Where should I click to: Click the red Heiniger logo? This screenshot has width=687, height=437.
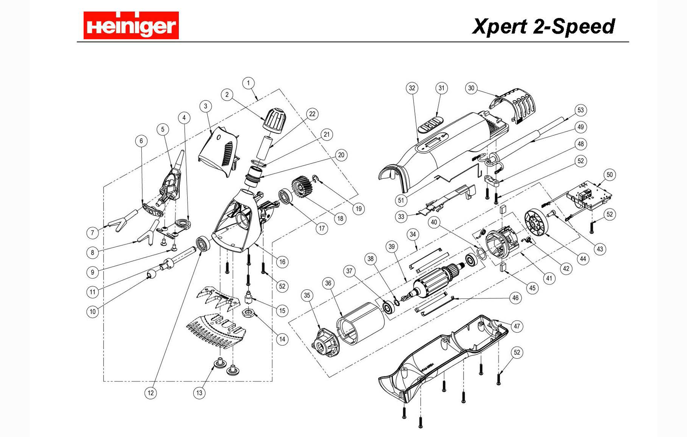(x=131, y=25)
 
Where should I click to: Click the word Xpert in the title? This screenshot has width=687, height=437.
(x=499, y=27)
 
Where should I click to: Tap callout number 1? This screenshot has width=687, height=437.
(x=248, y=83)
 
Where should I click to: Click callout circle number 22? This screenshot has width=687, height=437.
(x=312, y=114)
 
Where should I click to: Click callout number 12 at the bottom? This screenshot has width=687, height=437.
(x=150, y=393)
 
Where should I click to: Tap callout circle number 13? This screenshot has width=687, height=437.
(x=199, y=393)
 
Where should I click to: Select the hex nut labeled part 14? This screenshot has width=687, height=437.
(x=248, y=313)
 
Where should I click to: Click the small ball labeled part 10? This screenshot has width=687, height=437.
(x=151, y=274)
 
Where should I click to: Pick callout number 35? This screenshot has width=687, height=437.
(x=307, y=295)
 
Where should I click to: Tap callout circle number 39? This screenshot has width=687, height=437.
(x=391, y=246)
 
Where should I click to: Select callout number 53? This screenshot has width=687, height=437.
(x=580, y=110)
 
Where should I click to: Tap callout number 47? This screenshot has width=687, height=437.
(x=517, y=326)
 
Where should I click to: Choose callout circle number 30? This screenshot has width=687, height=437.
(x=471, y=88)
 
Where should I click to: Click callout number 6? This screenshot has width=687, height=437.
(x=141, y=141)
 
